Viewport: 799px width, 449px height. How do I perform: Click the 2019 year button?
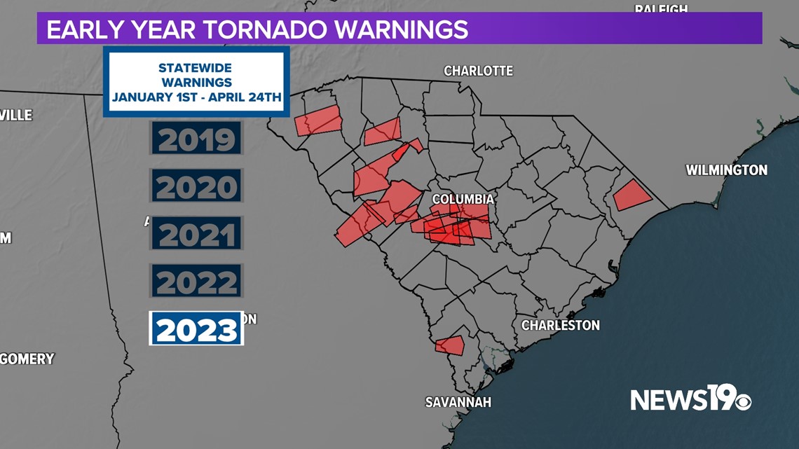(196, 139)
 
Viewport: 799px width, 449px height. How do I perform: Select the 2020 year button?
(196, 186)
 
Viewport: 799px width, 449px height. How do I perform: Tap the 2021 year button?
(196, 234)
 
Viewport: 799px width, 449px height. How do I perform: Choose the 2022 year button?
(196, 282)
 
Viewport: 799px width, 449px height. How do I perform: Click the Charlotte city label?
(478, 71)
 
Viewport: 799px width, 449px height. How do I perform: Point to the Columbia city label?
(463, 199)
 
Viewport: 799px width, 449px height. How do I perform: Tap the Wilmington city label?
(726, 170)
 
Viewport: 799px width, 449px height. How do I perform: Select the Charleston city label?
(560, 325)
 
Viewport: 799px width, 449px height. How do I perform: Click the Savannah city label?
(458, 402)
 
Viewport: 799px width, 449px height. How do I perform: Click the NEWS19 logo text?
(673, 399)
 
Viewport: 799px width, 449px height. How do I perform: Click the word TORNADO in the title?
(266, 29)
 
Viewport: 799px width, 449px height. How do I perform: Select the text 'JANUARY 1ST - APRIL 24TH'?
(196, 97)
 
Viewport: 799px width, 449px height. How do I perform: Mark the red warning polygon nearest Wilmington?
(631, 195)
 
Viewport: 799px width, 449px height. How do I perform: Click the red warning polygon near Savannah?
(450, 345)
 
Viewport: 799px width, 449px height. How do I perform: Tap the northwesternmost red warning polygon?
(317, 121)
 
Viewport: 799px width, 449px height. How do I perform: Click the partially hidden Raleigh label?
(660, 8)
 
